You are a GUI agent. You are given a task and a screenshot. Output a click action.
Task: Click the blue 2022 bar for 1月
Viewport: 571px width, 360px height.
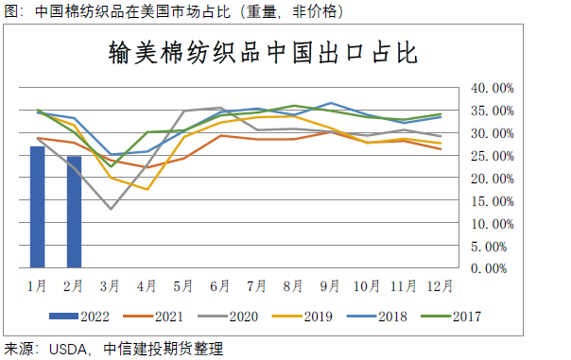click(x=38, y=208)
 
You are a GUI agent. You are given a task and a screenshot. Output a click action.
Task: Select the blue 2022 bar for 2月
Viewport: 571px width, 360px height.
click(x=74, y=213)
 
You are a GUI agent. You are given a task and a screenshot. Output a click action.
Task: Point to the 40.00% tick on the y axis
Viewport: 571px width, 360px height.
click(x=492, y=88)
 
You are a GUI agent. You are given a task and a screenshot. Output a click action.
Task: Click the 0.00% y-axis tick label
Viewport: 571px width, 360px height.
click(x=494, y=269)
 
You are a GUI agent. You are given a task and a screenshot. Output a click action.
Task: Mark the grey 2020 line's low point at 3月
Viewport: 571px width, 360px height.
click(x=111, y=209)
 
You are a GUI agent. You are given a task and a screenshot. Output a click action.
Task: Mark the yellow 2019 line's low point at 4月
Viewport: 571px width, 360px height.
click(x=147, y=189)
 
